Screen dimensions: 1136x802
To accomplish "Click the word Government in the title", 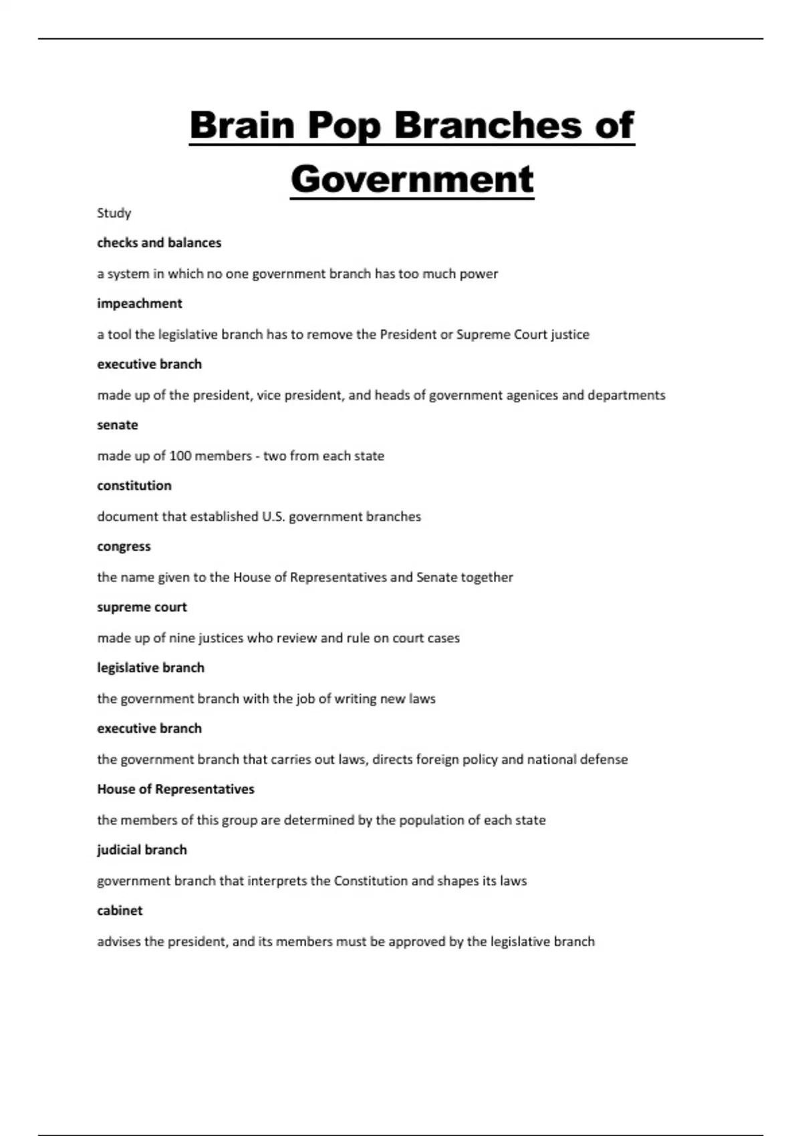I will click(412, 179).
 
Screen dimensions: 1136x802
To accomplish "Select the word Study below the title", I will click(114, 213).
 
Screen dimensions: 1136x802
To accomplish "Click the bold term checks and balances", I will click(159, 243).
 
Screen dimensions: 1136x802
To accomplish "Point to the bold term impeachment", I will click(139, 303).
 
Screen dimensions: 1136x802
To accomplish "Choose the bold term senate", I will click(118, 425).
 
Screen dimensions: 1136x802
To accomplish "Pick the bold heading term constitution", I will click(134, 486).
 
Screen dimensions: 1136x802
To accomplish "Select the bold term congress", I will click(124, 547).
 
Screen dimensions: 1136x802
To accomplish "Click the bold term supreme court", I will click(142, 607).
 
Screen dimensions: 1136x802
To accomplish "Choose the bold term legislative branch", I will click(150, 668).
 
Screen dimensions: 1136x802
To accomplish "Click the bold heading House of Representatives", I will click(176, 789).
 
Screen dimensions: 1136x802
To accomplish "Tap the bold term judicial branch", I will click(142, 850).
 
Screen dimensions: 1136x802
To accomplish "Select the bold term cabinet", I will click(120, 911).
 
